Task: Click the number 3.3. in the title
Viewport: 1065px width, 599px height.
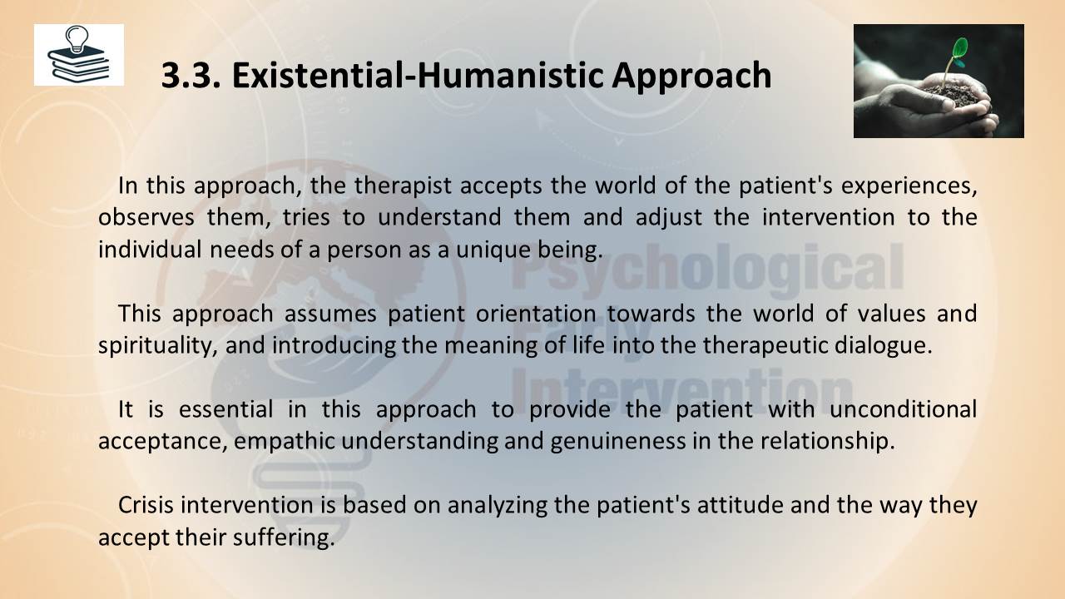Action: [191, 75]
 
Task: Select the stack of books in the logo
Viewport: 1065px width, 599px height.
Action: [78, 64]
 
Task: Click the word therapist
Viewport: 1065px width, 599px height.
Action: [403, 186]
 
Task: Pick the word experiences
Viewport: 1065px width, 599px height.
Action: [909, 186]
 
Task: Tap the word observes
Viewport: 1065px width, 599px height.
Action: [146, 217]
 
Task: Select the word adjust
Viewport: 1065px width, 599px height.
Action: [668, 218]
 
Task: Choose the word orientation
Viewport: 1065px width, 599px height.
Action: [536, 314]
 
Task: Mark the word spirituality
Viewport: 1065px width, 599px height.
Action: [155, 345]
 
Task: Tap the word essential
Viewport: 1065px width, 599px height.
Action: [225, 409]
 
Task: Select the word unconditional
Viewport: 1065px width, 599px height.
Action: [904, 409]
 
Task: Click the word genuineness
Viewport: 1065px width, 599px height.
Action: [618, 442]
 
